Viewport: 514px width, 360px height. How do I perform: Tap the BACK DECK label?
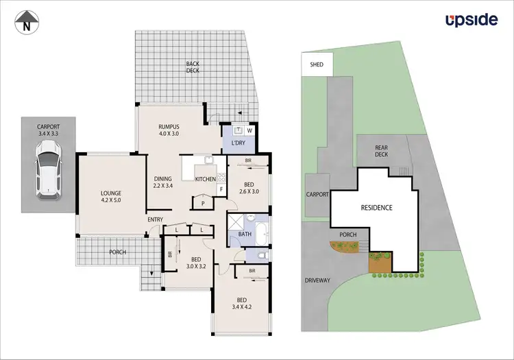[x=193, y=68]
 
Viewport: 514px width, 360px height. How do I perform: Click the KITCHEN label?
[x=206, y=180]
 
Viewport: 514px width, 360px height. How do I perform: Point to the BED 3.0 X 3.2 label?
[x=196, y=263]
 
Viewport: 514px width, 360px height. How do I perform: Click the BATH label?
[x=245, y=235]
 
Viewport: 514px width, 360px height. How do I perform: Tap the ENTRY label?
[x=155, y=219]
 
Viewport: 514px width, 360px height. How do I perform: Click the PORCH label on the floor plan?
[x=117, y=252]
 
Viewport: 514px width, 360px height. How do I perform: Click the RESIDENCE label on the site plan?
[x=376, y=207]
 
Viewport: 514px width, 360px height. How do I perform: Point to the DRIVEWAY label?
[x=318, y=280]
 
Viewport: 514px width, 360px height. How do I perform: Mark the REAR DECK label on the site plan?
[x=382, y=152]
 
